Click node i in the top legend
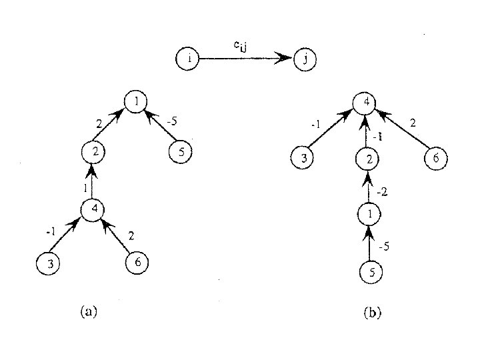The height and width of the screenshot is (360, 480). tap(189, 59)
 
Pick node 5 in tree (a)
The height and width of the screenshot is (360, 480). tap(181, 151)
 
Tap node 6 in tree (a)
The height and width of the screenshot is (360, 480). tap(137, 262)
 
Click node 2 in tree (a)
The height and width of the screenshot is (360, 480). tap(94, 151)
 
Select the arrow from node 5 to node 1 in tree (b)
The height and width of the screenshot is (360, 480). tap(368, 243)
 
